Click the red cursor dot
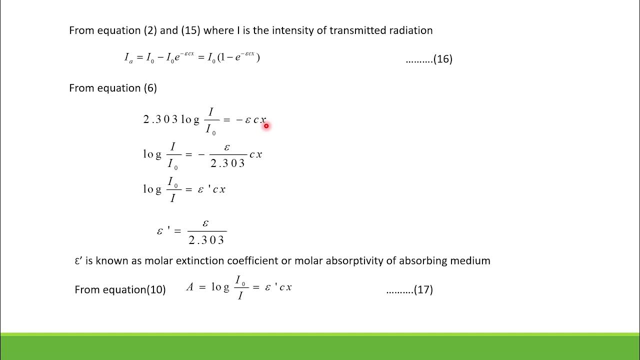(x=266, y=126)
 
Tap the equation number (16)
(x=442, y=59)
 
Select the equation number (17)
(x=423, y=289)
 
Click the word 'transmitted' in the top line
(x=357, y=30)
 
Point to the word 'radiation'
(x=410, y=30)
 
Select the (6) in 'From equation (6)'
(x=150, y=88)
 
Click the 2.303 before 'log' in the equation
(x=160, y=119)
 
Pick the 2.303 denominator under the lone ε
(x=206, y=240)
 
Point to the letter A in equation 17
(x=190, y=287)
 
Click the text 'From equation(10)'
(x=120, y=289)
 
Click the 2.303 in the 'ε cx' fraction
(x=227, y=163)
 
